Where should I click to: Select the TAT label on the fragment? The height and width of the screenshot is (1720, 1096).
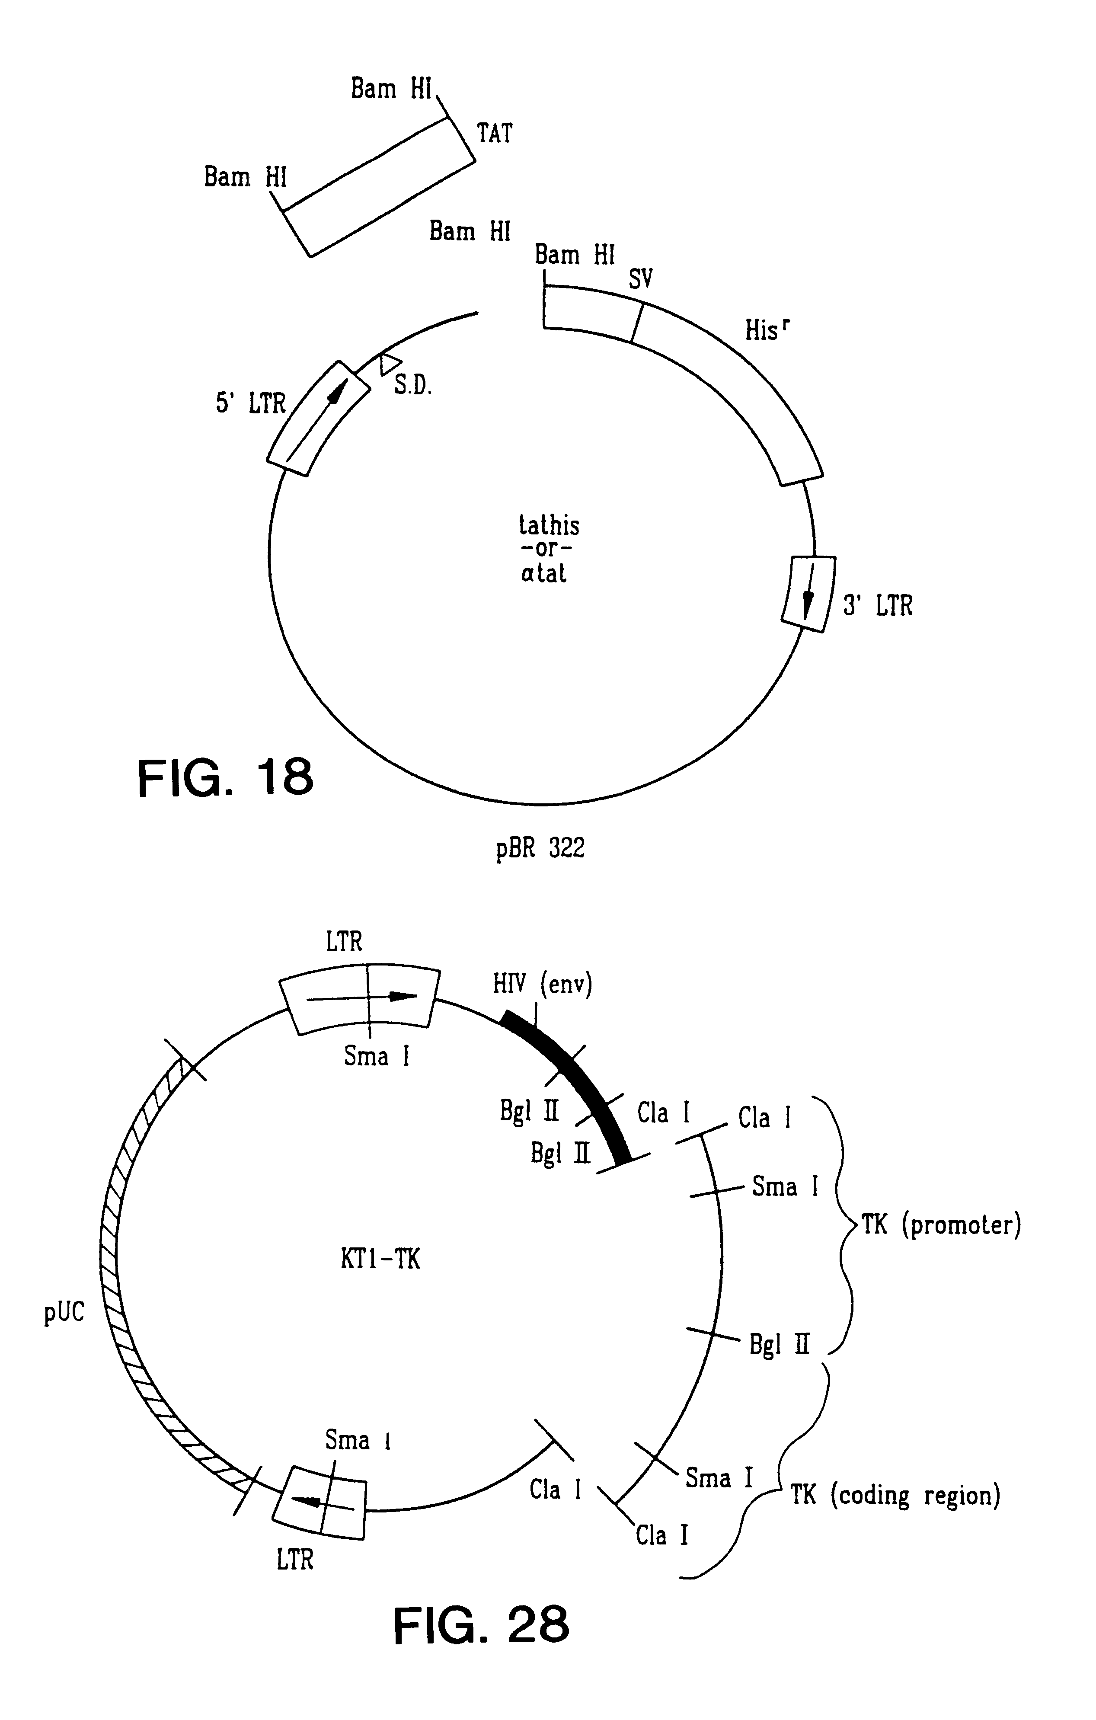[x=494, y=134]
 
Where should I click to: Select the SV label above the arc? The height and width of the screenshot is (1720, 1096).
[x=640, y=278]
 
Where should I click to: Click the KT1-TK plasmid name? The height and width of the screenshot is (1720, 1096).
[x=380, y=1259]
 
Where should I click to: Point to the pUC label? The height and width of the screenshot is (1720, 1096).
[x=64, y=1312]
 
